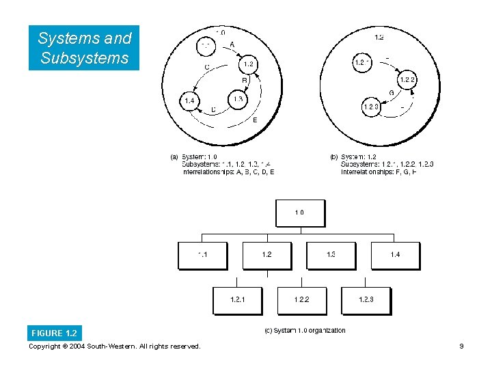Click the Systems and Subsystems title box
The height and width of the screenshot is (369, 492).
84,48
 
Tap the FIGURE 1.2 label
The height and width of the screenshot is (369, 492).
54,333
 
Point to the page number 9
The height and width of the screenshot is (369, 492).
462,346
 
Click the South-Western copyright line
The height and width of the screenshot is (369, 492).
115,346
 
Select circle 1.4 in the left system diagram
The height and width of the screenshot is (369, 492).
189,101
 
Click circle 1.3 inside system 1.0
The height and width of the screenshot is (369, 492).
237,100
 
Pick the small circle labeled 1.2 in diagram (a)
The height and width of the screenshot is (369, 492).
248,64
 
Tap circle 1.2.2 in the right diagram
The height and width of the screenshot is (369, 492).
407,80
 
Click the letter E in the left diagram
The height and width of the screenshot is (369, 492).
255,120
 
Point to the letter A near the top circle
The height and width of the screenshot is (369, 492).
232,44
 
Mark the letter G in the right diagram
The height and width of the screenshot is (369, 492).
391,93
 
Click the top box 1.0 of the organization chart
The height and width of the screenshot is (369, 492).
300,213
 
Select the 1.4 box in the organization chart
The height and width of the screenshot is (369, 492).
395,255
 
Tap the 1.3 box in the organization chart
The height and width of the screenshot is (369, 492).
331,255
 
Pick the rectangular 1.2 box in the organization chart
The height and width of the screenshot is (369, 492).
266,255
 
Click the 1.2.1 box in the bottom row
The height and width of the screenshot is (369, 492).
237,300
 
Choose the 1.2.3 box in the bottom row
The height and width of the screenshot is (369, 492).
366,300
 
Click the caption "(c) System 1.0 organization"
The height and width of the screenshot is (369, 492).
305,331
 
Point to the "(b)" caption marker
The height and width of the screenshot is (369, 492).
334,157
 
